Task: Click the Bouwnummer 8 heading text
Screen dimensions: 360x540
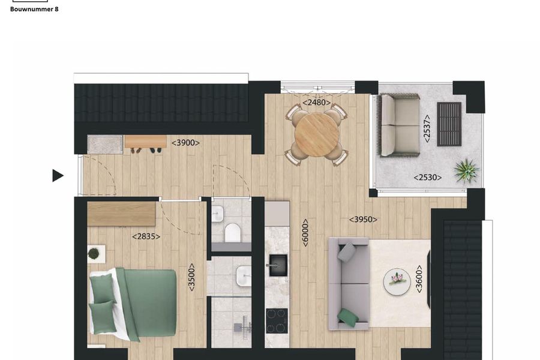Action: (34, 9)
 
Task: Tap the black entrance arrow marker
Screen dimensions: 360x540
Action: (58, 175)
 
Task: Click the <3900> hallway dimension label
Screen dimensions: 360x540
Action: (185, 143)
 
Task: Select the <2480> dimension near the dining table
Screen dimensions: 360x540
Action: (316, 103)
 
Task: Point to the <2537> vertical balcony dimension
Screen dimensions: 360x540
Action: (427, 127)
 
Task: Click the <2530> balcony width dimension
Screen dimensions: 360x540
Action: (427, 178)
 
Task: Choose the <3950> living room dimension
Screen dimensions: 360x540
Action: (364, 220)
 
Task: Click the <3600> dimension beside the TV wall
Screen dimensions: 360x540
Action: (419, 279)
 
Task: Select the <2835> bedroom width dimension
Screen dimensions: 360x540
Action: (146, 236)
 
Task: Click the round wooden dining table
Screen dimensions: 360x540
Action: (316, 135)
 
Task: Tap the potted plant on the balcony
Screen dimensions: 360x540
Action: (466, 170)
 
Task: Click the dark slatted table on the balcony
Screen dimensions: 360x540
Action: (449, 124)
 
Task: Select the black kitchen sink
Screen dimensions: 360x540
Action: (277, 265)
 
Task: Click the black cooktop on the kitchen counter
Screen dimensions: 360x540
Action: (277, 320)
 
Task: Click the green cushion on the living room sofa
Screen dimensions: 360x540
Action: (347, 317)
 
